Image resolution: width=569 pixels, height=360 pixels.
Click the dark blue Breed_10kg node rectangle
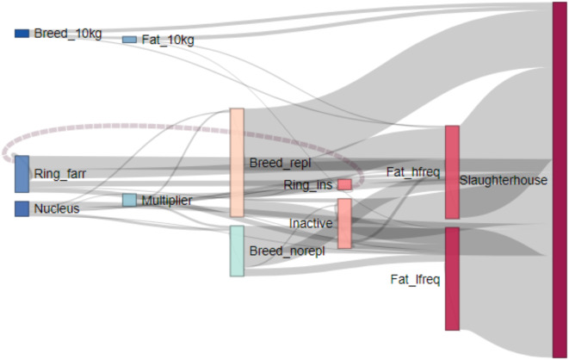point(22,34)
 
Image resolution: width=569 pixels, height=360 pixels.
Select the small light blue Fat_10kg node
point(129,40)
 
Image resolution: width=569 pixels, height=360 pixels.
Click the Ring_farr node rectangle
point(22,174)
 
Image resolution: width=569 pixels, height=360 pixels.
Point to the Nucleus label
point(57,208)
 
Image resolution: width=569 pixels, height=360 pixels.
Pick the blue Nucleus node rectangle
point(22,208)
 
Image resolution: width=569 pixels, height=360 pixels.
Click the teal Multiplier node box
point(128,200)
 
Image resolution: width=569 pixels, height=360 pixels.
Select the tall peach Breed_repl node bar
point(237,163)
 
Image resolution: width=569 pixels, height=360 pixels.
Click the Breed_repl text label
point(279,163)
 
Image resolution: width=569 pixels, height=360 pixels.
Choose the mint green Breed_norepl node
point(237,251)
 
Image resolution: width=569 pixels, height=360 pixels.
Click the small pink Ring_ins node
point(344,184)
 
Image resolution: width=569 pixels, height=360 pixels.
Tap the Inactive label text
point(311,224)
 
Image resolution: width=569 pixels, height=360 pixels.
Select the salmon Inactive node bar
point(344,224)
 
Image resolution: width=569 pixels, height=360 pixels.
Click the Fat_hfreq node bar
point(452,172)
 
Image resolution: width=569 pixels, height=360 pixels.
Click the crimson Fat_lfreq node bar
point(452,278)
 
